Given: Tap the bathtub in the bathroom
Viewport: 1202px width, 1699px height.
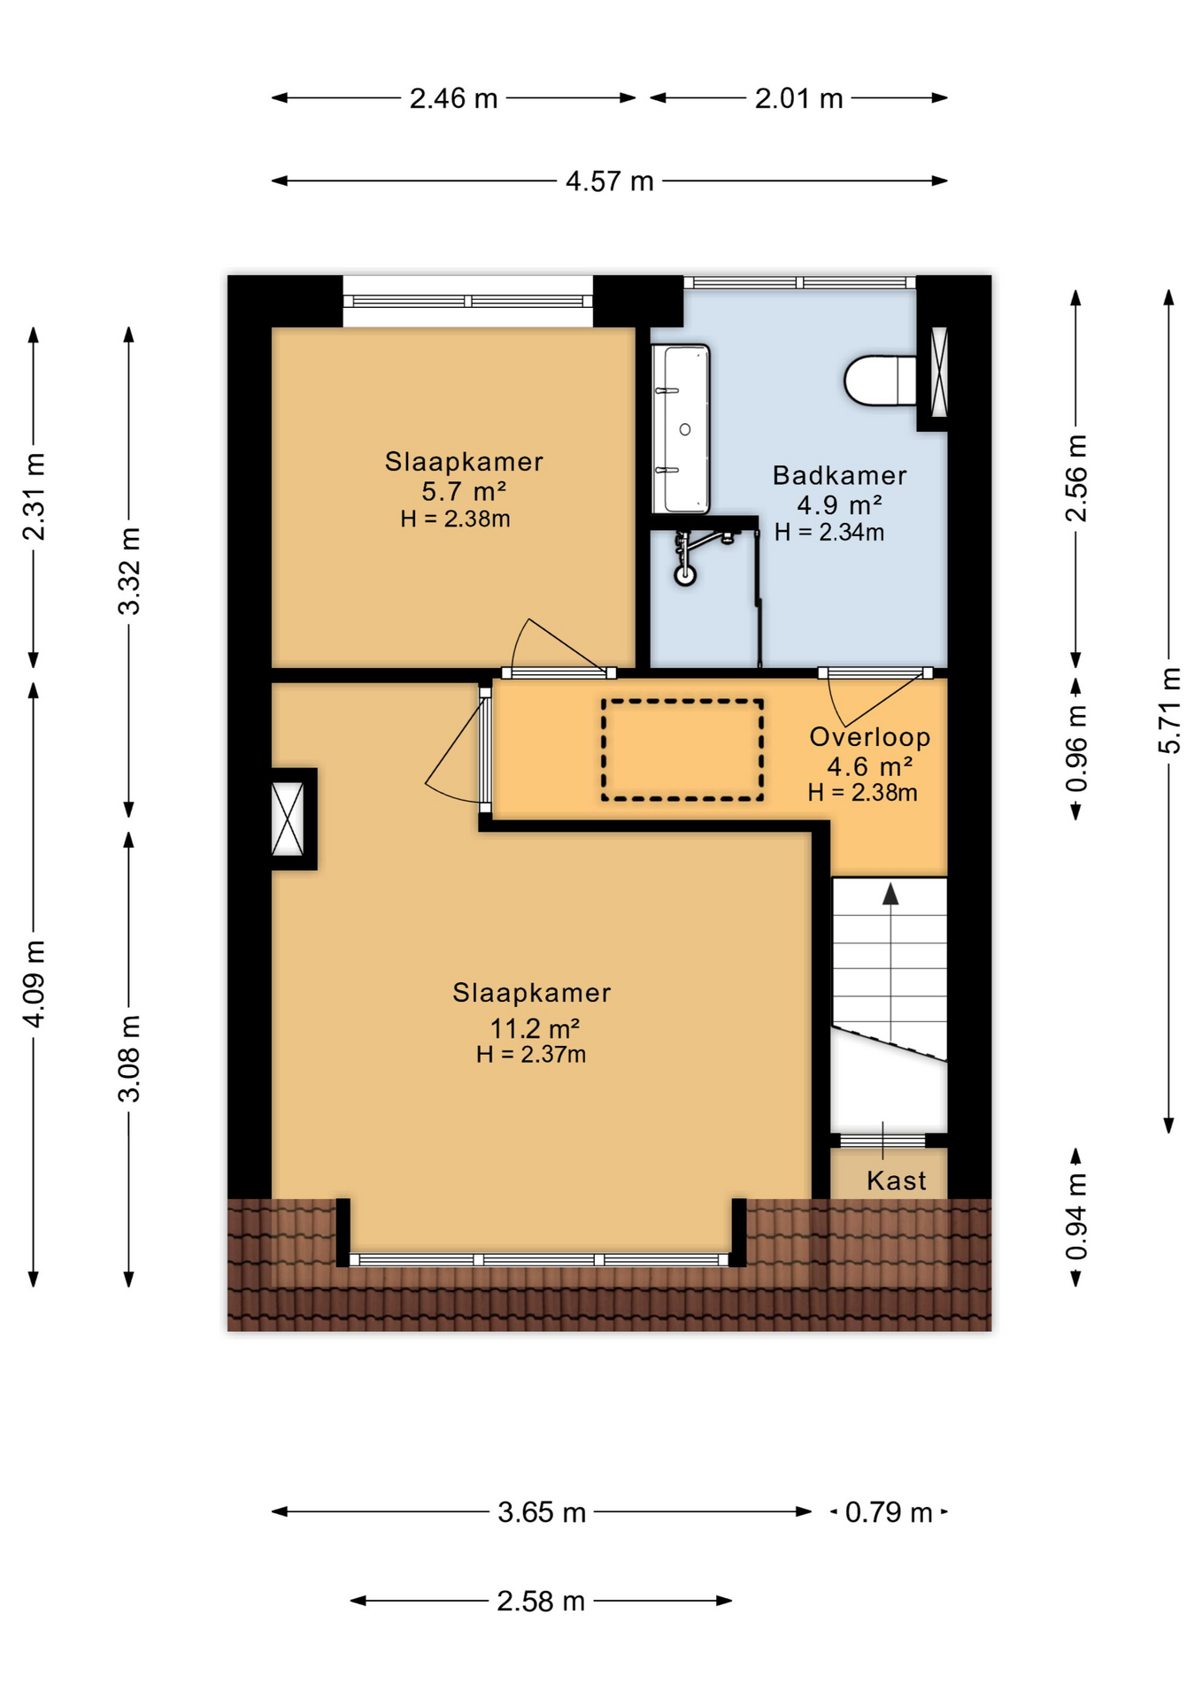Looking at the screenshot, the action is click(x=681, y=429).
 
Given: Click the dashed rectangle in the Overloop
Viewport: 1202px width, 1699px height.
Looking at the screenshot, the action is click(x=682, y=750).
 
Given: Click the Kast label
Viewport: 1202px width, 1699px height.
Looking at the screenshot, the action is click(x=896, y=1180).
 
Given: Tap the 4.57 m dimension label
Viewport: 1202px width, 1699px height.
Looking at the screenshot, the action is click(x=610, y=181).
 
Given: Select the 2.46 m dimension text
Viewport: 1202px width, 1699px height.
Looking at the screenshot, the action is click(x=453, y=98).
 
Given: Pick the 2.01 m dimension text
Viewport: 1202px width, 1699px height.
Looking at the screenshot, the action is click(x=798, y=98).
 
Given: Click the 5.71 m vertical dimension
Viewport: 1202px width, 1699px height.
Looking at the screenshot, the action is click(x=1169, y=711).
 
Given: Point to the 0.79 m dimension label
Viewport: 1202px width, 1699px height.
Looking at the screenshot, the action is click(x=889, y=1512).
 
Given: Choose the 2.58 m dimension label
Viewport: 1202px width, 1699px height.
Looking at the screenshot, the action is click(x=541, y=1601).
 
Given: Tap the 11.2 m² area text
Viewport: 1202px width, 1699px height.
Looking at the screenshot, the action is click(x=535, y=1028).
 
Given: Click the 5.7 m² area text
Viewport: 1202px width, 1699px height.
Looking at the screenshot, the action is click(x=464, y=491).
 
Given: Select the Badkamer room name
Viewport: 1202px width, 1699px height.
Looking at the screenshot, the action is click(x=839, y=475).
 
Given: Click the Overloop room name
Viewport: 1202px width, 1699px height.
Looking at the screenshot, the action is click(x=870, y=737).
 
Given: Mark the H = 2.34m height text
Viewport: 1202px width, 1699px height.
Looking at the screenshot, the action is click(x=829, y=532).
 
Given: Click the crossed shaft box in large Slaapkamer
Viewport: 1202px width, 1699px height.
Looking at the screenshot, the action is click(x=287, y=819).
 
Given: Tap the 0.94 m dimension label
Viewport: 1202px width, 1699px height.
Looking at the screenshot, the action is click(x=1076, y=1218).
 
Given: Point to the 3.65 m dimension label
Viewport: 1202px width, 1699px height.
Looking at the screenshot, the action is click(x=542, y=1512).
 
